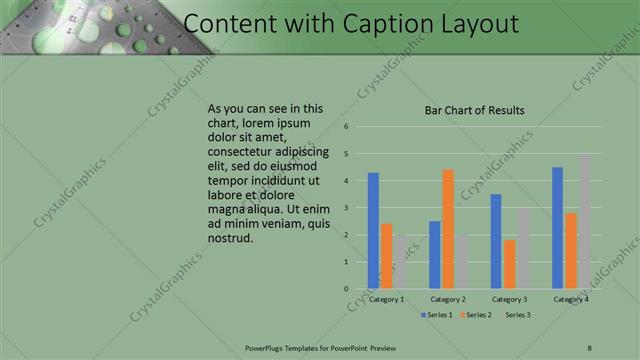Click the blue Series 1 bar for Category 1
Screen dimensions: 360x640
[373, 231]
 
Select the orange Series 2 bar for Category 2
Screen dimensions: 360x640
[448, 229]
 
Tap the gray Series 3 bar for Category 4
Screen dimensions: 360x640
[584, 222]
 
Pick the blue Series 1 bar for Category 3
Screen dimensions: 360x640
[496, 241]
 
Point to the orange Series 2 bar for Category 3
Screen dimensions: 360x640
[509, 264]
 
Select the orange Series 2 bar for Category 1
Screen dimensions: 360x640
[386, 256]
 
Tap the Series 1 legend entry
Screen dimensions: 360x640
[436, 315]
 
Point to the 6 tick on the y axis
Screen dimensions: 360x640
[345, 127]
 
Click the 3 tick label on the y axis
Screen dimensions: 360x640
[345, 208]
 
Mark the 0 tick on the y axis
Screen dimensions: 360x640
[345, 289]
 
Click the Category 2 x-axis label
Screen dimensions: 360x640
[448, 299]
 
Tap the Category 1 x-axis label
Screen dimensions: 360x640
[386, 299]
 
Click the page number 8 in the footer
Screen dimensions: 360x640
[589, 347]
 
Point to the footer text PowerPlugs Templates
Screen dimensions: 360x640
[285, 347]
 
